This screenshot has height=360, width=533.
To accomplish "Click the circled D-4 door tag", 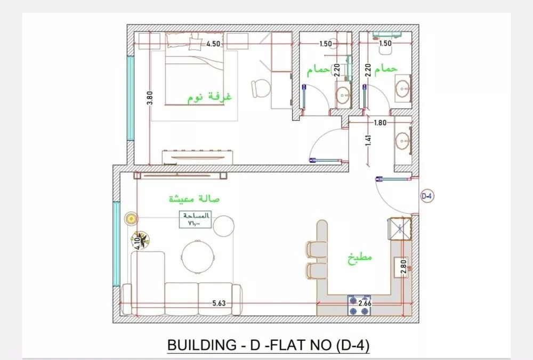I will pyautogui.click(x=427, y=196).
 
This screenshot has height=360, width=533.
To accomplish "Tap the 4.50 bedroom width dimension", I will pyautogui.click(x=213, y=44).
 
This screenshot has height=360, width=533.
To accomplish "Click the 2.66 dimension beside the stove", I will pyautogui.click(x=366, y=304).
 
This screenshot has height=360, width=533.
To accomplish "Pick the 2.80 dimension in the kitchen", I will pyautogui.click(x=403, y=266).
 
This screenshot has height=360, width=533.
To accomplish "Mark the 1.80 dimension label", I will pyautogui.click(x=379, y=122).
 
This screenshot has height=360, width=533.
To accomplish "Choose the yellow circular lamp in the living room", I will pyautogui.click(x=131, y=218).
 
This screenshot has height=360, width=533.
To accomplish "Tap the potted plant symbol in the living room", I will pyautogui.click(x=139, y=239).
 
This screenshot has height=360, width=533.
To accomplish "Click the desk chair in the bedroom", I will pyautogui.click(x=260, y=88).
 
